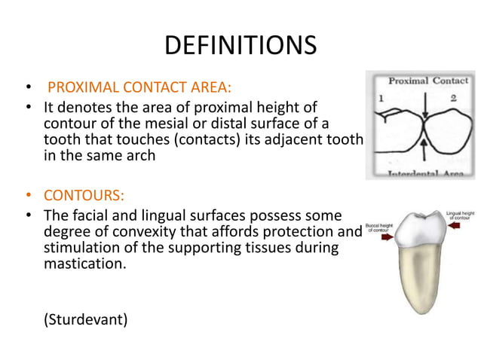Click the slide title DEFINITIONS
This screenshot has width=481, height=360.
(x=240, y=44)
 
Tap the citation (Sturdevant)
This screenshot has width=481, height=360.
(x=86, y=319)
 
